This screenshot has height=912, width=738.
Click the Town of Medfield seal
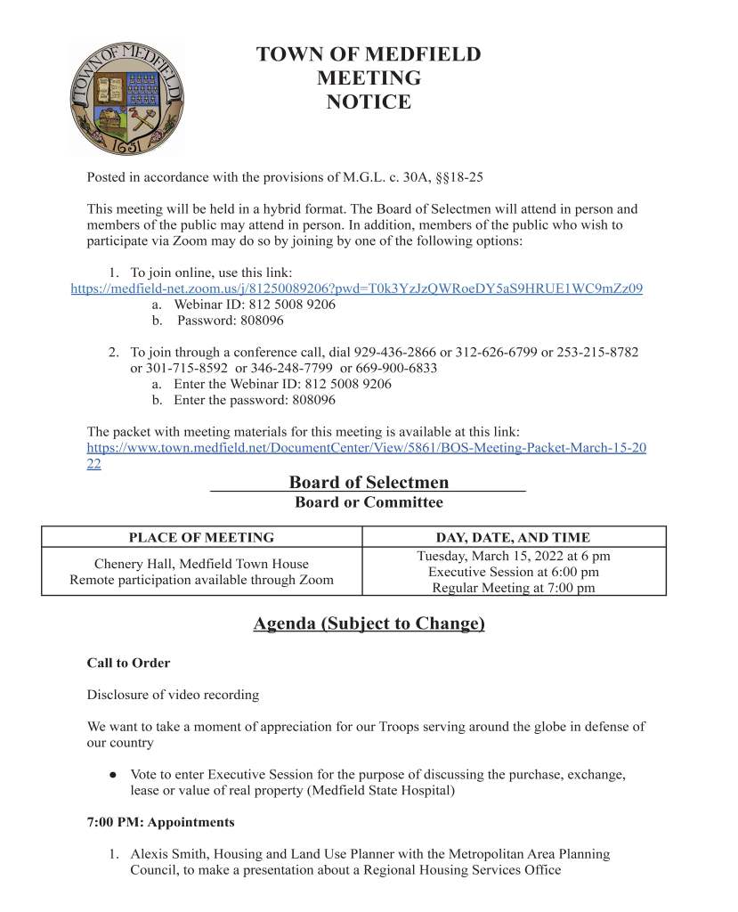127,98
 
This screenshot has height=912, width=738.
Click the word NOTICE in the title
369,102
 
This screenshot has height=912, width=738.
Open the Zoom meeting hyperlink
356,289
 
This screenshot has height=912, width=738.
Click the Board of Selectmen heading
369,483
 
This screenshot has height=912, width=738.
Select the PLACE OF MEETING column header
201,537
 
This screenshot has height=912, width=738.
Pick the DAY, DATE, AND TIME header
513,537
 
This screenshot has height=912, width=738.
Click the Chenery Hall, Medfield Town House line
201,564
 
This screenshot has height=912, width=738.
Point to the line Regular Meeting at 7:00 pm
513,588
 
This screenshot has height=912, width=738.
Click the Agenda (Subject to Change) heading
369,623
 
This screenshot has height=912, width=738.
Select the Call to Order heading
128,664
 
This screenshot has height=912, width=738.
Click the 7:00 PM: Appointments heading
160,822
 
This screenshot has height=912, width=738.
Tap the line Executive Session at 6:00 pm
513,572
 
